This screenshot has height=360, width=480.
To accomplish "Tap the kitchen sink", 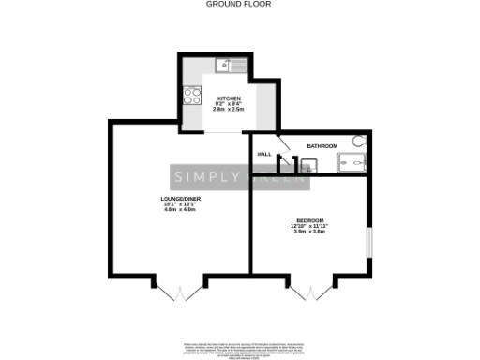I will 229,65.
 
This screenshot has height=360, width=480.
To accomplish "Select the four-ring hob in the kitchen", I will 192,94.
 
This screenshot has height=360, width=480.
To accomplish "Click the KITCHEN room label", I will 230,98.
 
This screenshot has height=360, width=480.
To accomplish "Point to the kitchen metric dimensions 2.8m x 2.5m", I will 230,111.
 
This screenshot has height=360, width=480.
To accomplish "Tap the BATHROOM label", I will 322,146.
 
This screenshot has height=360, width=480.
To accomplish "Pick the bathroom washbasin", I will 309,165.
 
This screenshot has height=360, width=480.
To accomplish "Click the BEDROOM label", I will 310,220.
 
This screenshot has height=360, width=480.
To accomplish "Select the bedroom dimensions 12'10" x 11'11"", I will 310,226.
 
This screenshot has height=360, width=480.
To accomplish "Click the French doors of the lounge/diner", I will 178,291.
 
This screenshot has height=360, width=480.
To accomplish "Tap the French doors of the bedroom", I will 305,291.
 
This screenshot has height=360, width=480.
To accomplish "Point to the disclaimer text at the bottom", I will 240,348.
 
